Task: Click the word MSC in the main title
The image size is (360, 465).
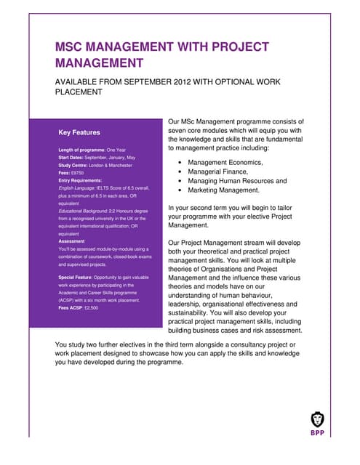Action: click(x=71, y=48)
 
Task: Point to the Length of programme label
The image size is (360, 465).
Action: click(x=83, y=150)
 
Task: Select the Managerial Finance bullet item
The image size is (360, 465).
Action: click(x=219, y=171)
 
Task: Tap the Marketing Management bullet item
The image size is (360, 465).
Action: click(x=223, y=190)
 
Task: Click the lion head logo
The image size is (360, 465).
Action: click(x=318, y=419)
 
